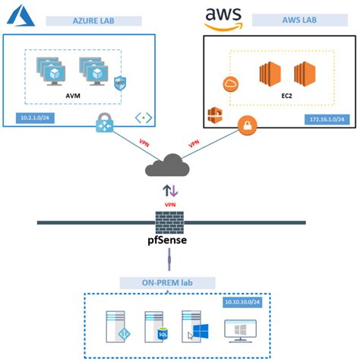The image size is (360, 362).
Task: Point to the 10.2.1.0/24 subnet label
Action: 33,118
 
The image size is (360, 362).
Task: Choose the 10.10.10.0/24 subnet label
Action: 245,302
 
